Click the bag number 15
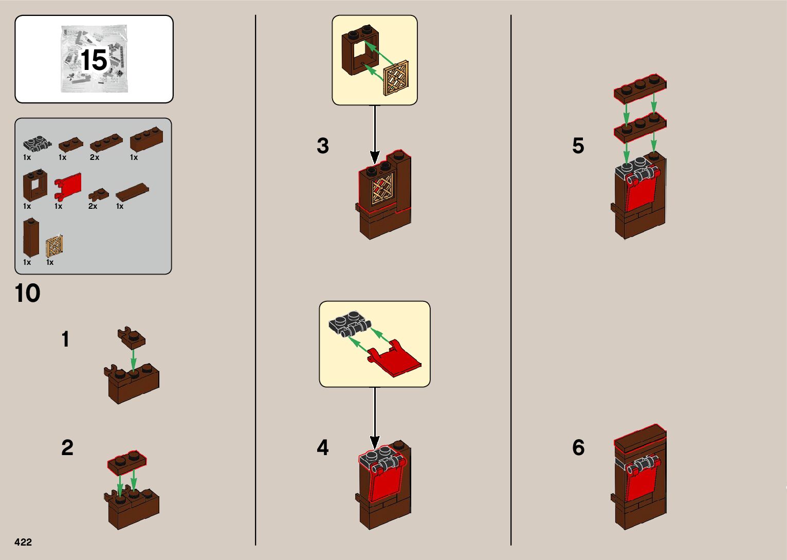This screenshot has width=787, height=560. pos(94,61)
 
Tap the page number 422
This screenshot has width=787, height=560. pos(23,542)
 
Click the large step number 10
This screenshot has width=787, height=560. pos(28,294)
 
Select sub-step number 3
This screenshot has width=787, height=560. pos(322,146)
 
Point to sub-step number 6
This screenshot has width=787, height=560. pos(578,448)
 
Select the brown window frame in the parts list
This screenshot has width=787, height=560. pos(35,184)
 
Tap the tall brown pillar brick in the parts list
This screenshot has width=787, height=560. pos(31,237)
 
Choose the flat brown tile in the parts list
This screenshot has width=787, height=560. pos(132,193)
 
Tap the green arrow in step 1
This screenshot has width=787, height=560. pos(134,358)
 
